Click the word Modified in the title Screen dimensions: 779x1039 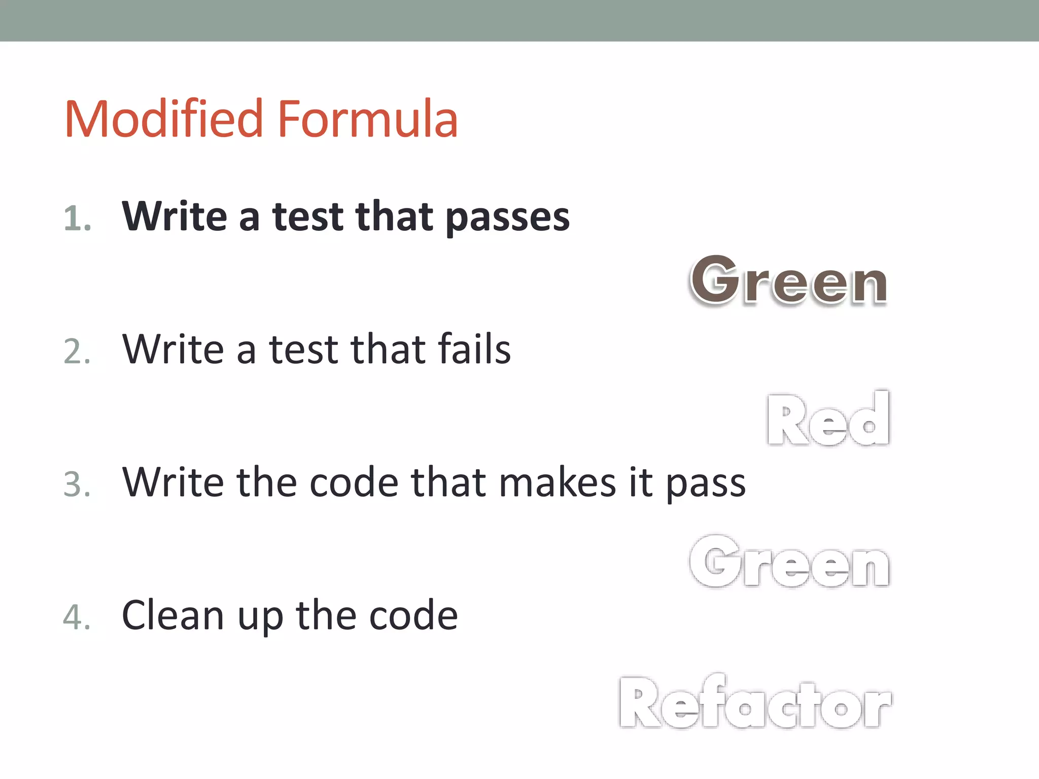163,120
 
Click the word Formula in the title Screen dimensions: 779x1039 368,120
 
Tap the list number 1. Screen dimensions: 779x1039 77,219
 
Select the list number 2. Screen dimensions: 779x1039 77,351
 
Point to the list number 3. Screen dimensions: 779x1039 77,484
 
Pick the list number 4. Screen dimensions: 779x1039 77,617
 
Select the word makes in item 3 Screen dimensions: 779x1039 558,482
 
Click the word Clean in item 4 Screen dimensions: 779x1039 172,615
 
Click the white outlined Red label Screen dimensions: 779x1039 828,419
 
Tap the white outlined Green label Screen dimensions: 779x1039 789,562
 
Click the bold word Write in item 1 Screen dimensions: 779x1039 175,217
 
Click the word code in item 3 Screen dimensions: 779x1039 354,482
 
